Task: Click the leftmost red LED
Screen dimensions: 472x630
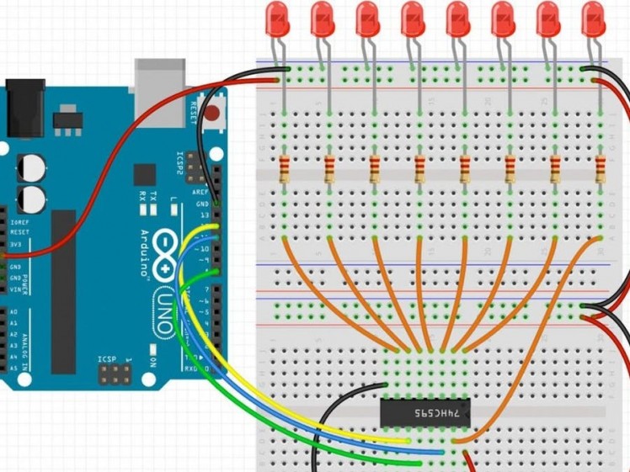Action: click(x=277, y=19)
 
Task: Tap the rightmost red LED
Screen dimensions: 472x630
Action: click(x=593, y=19)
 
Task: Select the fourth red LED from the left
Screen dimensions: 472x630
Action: click(x=413, y=19)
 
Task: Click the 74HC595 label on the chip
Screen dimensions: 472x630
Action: click(x=441, y=413)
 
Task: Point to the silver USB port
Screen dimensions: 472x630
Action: click(x=160, y=82)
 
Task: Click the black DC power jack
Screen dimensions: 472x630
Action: click(x=24, y=107)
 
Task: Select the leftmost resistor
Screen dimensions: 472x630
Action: click(x=285, y=170)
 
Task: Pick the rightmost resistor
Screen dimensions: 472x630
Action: click(x=601, y=170)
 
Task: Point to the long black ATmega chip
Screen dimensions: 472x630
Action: click(x=64, y=291)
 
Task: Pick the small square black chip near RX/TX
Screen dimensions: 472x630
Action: click(x=144, y=174)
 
